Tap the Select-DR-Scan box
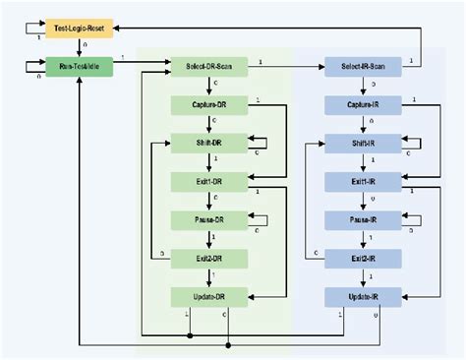pyautogui.click(x=208, y=67)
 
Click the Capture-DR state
pyautogui.click(x=208, y=104)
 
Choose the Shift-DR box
pyautogui.click(x=208, y=143)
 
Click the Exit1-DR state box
pyautogui.click(x=208, y=181)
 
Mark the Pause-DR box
pyautogui.click(x=208, y=219)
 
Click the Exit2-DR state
pyautogui.click(x=208, y=258)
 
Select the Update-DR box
pyautogui.click(x=208, y=296)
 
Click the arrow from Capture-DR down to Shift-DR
pyautogui.click(x=208, y=123)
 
